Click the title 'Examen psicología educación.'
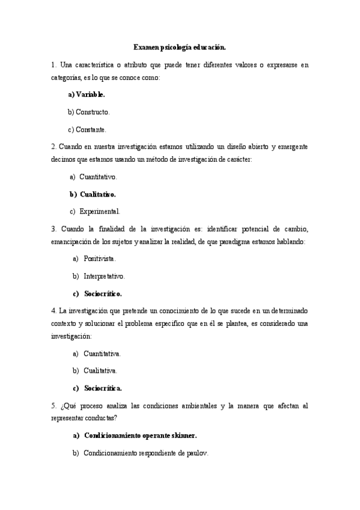click(x=180, y=46)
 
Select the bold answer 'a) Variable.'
click(x=86, y=94)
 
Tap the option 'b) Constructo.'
click(x=88, y=112)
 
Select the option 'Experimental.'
click(x=100, y=211)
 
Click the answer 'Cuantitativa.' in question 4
click(x=102, y=354)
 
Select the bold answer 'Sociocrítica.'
click(x=103, y=388)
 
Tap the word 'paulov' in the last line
click(x=197, y=453)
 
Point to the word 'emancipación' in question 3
click(x=72, y=242)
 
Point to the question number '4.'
click(x=54, y=311)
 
